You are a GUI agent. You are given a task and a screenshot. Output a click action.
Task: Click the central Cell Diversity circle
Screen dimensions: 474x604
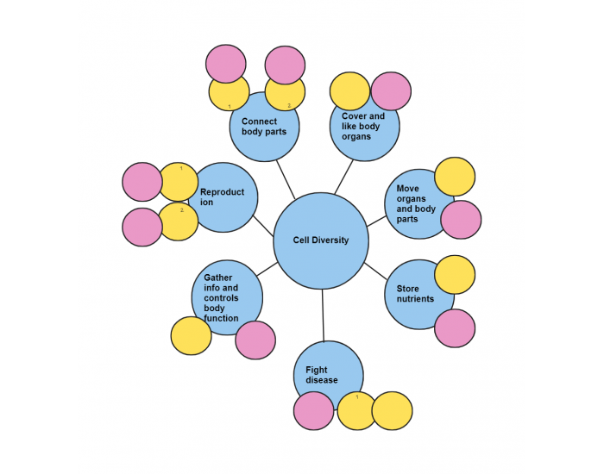(x=321, y=241)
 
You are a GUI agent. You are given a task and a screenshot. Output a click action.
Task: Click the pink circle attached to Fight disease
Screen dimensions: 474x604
(x=313, y=410)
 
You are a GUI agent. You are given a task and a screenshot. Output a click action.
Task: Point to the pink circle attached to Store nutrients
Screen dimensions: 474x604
(x=455, y=328)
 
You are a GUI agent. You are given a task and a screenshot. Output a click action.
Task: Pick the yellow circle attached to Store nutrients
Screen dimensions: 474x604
(x=455, y=274)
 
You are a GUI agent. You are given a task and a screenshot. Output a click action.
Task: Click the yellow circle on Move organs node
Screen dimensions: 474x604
(x=455, y=177)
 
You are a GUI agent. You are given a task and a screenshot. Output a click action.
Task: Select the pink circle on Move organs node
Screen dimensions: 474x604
(x=461, y=220)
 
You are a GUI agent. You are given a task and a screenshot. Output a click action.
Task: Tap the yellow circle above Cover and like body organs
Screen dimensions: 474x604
(x=350, y=90)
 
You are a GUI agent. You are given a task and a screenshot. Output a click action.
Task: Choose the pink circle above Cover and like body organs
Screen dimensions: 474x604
(x=391, y=90)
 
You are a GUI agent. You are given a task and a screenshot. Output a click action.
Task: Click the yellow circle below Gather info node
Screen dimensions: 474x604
(x=191, y=336)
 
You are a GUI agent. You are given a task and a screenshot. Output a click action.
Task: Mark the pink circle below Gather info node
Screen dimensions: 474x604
(x=255, y=340)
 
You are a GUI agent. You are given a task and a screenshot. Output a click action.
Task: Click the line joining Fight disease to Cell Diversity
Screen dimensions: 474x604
(x=323, y=315)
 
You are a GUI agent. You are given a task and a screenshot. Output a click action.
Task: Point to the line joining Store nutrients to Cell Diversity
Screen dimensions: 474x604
(x=375, y=271)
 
